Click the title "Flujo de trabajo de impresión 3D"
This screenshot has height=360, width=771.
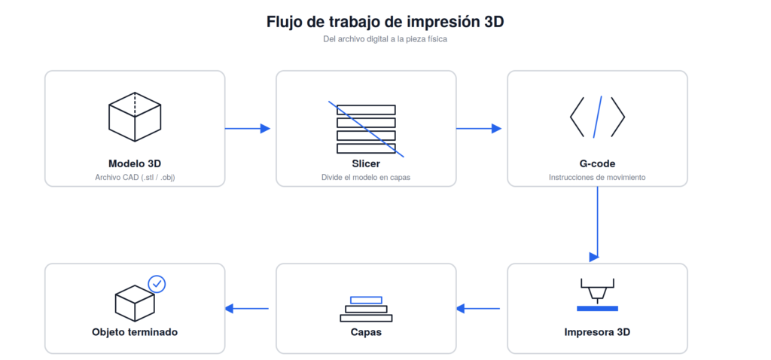click(x=385, y=22)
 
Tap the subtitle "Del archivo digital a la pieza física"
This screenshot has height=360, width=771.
click(x=385, y=39)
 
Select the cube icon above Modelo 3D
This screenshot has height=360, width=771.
click(x=135, y=117)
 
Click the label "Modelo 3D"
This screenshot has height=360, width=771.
click(x=135, y=163)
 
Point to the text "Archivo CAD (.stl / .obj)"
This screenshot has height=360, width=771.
click(x=135, y=177)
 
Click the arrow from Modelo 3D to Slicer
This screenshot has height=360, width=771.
click(x=248, y=129)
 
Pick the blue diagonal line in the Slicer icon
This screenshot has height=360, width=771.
click(x=367, y=130)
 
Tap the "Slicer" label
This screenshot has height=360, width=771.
click(x=366, y=163)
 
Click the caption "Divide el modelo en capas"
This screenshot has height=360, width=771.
click(x=366, y=177)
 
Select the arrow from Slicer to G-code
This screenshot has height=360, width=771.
click(x=479, y=129)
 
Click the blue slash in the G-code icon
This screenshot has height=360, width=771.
click(x=597, y=117)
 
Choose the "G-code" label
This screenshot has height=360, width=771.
click(x=597, y=163)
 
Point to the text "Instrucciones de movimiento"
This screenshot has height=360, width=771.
click(x=597, y=177)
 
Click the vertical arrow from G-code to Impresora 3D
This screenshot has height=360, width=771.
click(x=597, y=224)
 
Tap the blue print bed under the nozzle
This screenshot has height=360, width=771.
click(x=597, y=308)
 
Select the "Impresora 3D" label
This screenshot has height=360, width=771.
click(x=597, y=332)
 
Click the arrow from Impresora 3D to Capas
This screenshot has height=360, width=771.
click(x=478, y=309)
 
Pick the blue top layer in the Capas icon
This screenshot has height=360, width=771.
click(x=366, y=300)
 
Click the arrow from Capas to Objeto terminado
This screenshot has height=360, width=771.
click(x=247, y=309)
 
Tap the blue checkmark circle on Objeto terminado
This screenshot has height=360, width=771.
click(x=157, y=284)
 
